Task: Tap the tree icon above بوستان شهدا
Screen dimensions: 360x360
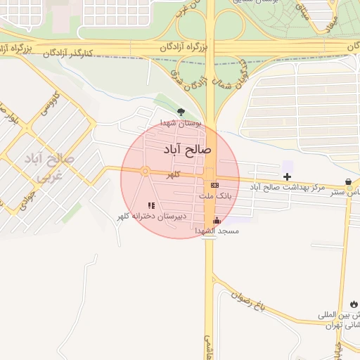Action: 181,112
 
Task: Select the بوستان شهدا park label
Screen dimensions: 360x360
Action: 181,123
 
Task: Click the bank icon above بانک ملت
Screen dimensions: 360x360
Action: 214,184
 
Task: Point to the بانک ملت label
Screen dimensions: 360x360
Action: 214,195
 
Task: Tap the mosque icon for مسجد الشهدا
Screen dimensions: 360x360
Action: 217,220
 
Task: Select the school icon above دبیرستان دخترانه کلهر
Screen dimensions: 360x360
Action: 151,205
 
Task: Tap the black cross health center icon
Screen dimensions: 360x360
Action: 287,175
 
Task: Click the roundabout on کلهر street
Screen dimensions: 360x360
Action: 145,171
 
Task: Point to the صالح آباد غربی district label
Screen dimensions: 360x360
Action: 47,165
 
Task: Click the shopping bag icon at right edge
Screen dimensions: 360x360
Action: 349,182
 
